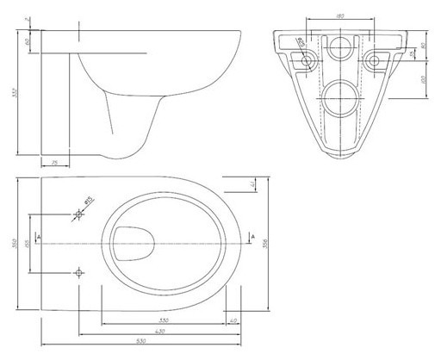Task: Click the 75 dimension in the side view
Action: pos(53,161)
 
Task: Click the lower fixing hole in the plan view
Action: pos(79,275)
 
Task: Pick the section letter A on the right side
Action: pos(252,234)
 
